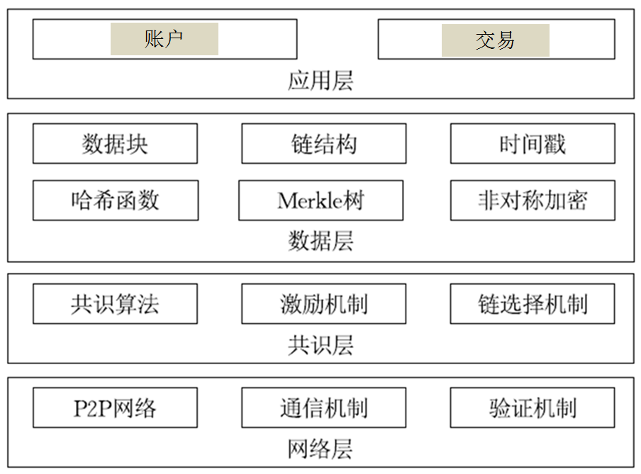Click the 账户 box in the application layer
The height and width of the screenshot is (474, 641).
click(165, 39)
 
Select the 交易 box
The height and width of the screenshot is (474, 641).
click(496, 40)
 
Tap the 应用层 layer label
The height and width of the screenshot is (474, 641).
click(320, 81)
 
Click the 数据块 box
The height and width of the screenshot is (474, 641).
click(115, 144)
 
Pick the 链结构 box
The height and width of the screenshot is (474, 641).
click(323, 144)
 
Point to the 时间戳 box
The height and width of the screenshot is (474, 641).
click(532, 144)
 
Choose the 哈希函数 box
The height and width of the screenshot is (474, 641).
click(115, 201)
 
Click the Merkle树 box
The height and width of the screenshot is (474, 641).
click(320, 201)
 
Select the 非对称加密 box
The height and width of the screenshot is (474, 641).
click(532, 201)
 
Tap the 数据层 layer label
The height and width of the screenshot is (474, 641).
click(320, 242)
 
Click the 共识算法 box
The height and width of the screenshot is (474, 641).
click(115, 304)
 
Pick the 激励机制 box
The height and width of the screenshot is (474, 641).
click(323, 304)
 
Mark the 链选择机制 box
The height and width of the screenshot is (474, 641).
click(532, 304)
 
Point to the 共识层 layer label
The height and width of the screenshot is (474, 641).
click(320, 345)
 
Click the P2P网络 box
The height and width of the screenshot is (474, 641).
click(115, 408)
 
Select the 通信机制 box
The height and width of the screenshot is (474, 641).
click(323, 408)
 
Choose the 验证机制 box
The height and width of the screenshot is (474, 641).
click(532, 408)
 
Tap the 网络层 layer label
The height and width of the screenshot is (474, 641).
click(320, 449)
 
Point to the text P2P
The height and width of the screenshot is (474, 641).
click(91, 409)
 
